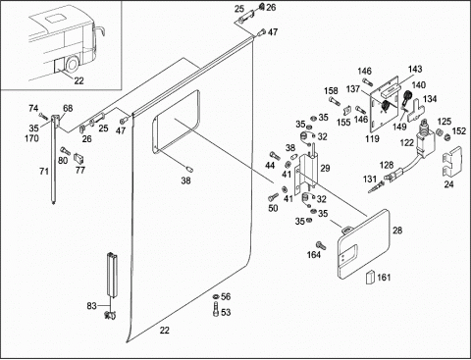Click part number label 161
pyautogui.click(x=384, y=278)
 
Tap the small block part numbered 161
pyautogui.click(x=370, y=278)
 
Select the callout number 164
pyautogui.click(x=313, y=255)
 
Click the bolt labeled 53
pyautogui.click(x=216, y=309)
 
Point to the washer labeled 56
pyautogui.click(x=216, y=296)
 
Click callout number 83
pyautogui.click(x=91, y=306)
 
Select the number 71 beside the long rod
pyautogui.click(x=44, y=171)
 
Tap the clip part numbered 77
pyautogui.click(x=79, y=158)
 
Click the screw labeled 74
pyautogui.click(x=43, y=116)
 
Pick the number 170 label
pyautogui.click(x=31, y=138)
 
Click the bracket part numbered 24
pyautogui.click(x=452, y=162)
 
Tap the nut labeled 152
pyautogui.click(x=446, y=137)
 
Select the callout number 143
pyautogui.click(x=415, y=69)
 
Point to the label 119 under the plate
pyautogui.click(x=372, y=139)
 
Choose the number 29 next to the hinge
pyautogui.click(x=325, y=168)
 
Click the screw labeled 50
pyautogui.click(x=274, y=197)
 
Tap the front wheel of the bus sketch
pyautogui.click(x=73, y=64)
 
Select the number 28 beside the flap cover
pyautogui.click(x=397, y=231)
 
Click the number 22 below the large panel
pyautogui.click(x=165, y=331)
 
